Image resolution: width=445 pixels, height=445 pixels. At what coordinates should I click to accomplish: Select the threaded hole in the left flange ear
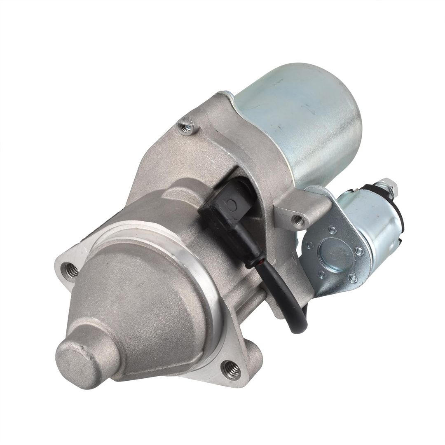70,272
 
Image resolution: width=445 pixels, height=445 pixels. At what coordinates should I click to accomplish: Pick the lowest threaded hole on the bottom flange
231,370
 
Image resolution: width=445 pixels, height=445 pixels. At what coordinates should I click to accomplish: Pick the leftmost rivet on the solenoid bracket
310,246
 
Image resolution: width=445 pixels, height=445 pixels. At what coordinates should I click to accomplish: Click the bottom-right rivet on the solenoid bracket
353,278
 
